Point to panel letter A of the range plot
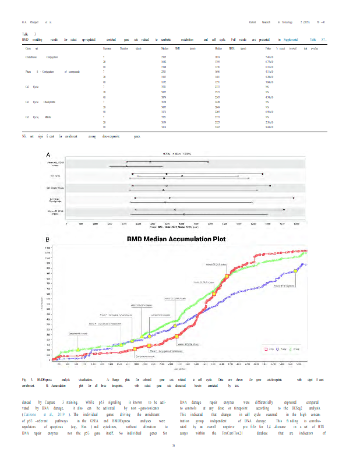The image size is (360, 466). pos(48,154)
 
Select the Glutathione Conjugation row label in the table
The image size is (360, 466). pos(37,58)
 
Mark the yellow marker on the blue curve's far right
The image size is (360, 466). pos(296,271)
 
